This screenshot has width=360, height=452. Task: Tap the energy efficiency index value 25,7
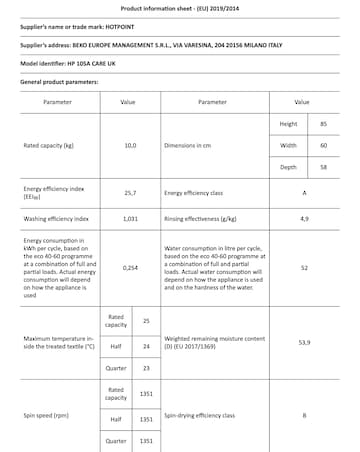129,191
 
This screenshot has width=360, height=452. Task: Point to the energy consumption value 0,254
129,268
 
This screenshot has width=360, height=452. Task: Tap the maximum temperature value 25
146,321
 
